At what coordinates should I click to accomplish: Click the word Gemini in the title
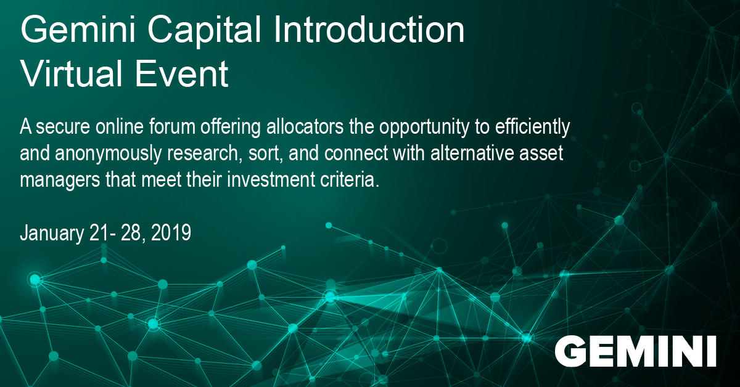tap(78, 30)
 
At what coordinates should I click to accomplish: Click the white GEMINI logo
tap(635, 351)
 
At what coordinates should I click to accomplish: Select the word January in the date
tap(52, 234)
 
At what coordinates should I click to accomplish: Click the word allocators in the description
tap(305, 126)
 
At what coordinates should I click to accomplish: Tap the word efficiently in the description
tap(533, 128)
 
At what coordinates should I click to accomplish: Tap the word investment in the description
tap(271, 179)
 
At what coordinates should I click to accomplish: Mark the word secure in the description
tap(63, 128)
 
